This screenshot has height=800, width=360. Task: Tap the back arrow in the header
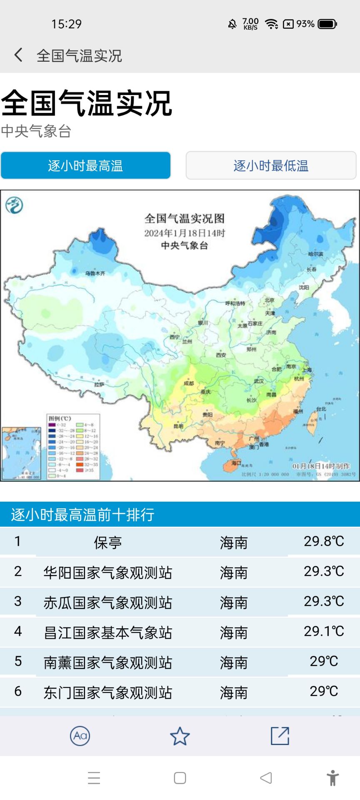click(x=18, y=55)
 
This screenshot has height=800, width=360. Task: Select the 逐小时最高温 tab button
click(x=85, y=166)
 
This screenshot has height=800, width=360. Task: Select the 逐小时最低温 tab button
click(x=271, y=166)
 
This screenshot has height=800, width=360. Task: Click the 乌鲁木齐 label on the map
click(x=95, y=273)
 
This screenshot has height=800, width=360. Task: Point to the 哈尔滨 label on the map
click(x=315, y=254)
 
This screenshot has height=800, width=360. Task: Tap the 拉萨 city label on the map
click(x=99, y=384)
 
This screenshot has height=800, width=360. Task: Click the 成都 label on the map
click(x=189, y=383)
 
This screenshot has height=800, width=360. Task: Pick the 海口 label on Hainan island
click(x=236, y=463)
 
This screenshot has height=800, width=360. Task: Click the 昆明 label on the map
click(x=178, y=426)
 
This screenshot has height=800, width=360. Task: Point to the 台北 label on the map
click(x=321, y=409)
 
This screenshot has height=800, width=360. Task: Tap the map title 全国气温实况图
click(x=185, y=218)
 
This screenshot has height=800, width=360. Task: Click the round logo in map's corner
click(x=14, y=205)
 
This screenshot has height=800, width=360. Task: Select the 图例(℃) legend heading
click(x=60, y=418)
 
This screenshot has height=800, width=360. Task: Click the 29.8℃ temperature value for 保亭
click(x=324, y=541)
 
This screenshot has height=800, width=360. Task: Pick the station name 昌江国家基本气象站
click(x=108, y=632)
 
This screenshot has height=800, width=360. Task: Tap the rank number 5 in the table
click(x=18, y=661)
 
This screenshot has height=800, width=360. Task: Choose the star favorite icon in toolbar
click(x=180, y=736)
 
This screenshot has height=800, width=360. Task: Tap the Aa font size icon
click(x=80, y=736)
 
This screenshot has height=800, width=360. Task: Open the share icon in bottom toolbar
click(x=280, y=736)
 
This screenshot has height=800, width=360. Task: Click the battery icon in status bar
click(x=327, y=24)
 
